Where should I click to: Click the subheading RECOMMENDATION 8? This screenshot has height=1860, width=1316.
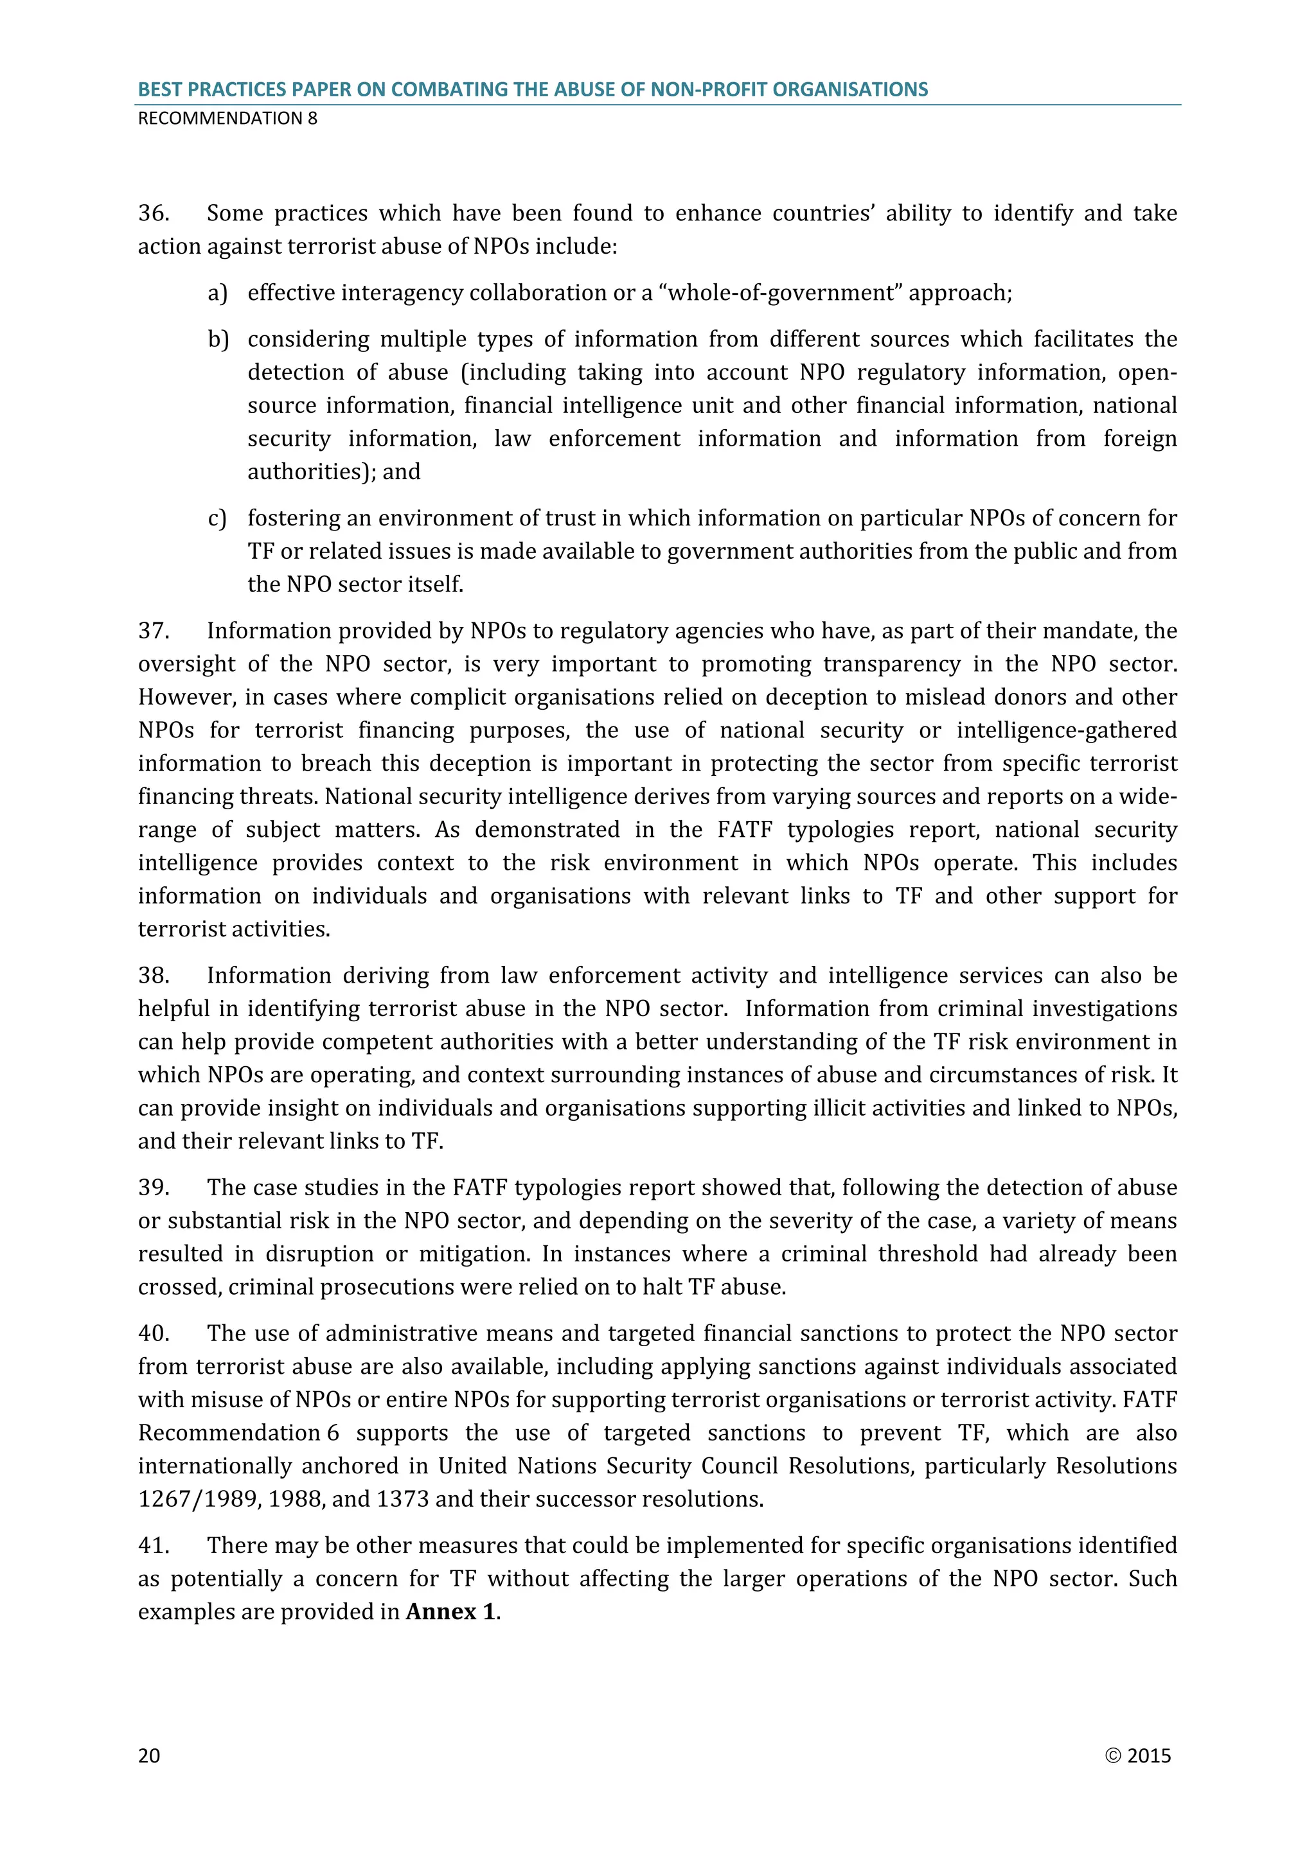point(227,118)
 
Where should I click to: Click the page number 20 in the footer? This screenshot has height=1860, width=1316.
point(149,1755)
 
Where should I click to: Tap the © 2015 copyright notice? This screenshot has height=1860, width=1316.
point(1138,1755)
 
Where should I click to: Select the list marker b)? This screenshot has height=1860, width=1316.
point(218,339)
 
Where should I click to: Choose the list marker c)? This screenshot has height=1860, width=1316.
point(217,518)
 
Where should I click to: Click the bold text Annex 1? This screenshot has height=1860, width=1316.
point(450,1612)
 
